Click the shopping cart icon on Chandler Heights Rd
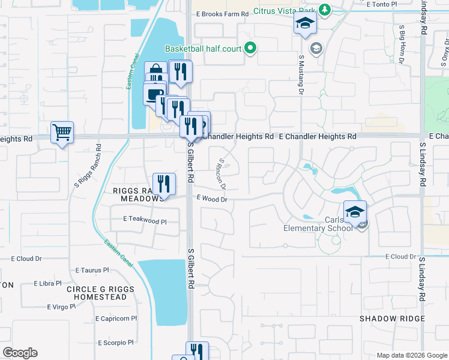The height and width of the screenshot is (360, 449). coord(62,132)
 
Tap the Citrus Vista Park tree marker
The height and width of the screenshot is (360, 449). coord(325,10)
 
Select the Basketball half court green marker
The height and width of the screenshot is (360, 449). coord(251,49)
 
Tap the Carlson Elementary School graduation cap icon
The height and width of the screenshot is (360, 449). coord(355,212)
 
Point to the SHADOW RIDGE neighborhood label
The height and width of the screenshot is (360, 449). coord(392,319)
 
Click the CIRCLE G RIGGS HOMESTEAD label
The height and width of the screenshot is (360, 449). coord(97,293)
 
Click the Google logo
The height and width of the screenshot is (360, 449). coord(20,352)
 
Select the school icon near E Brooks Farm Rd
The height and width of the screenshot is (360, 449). coord(305,25)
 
